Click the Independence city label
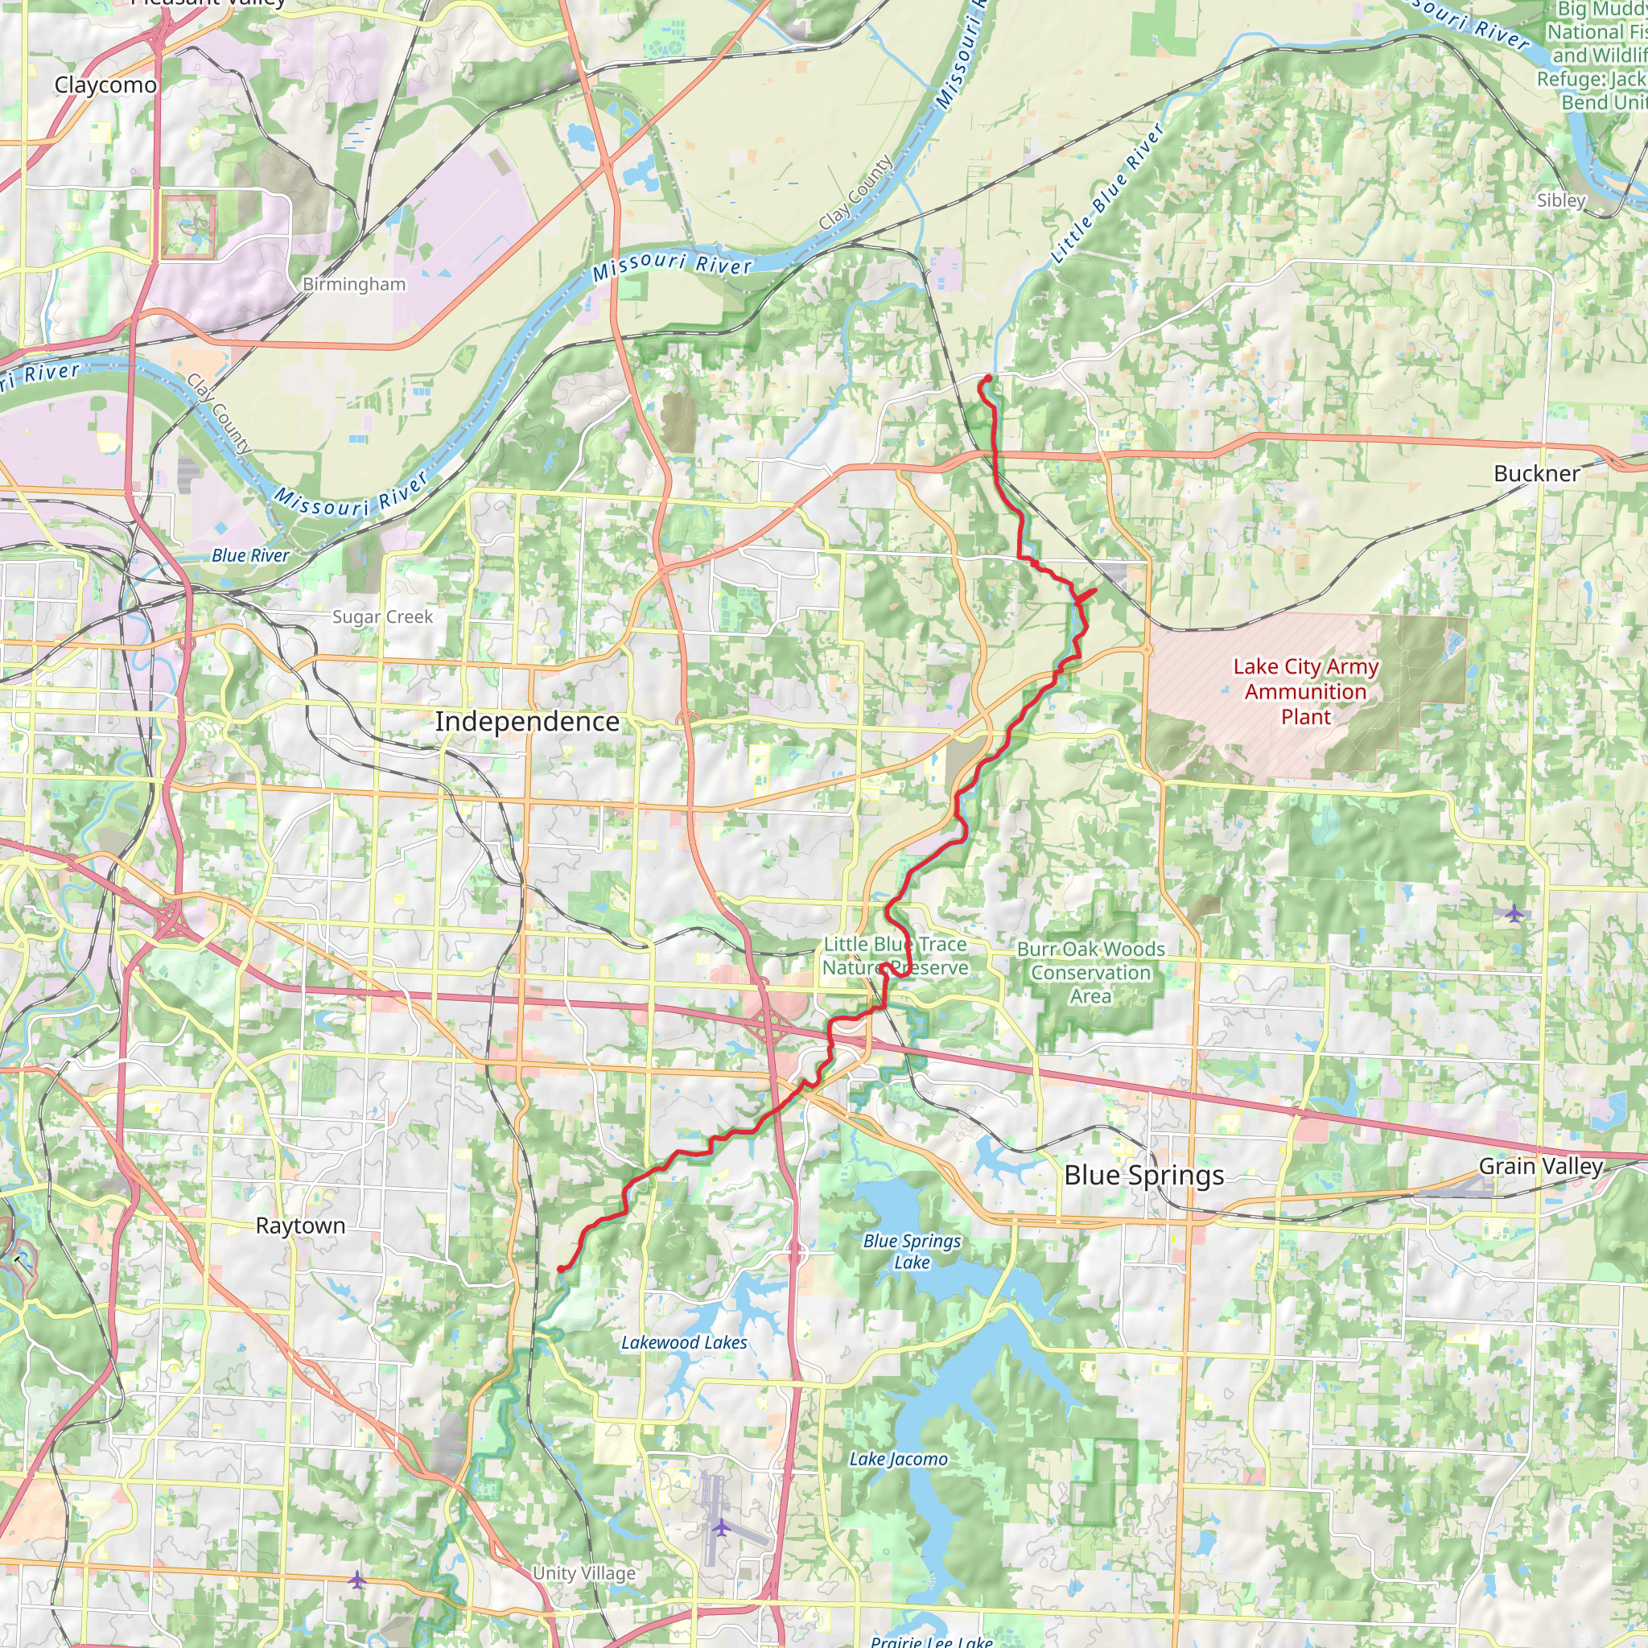pyautogui.click(x=527, y=722)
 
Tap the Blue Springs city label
pyautogui.click(x=1144, y=1176)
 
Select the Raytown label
pyautogui.click(x=300, y=1226)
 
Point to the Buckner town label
pyautogui.click(x=1536, y=473)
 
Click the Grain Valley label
pyautogui.click(x=1540, y=1166)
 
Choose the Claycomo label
pyautogui.click(x=105, y=85)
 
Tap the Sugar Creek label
pyautogui.click(x=382, y=616)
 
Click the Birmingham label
pyautogui.click(x=354, y=284)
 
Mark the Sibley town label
pyautogui.click(x=1560, y=200)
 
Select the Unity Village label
pyautogui.click(x=583, y=1573)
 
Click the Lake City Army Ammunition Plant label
pyautogui.click(x=1305, y=692)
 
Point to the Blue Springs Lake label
pyautogui.click(x=912, y=1251)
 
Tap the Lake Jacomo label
pyautogui.click(x=898, y=1460)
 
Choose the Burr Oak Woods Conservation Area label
pyautogui.click(x=1090, y=972)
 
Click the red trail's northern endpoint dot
pyautogui.click(x=988, y=378)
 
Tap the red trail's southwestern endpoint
pyautogui.click(x=560, y=1269)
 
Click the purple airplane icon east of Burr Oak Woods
pyautogui.click(x=1514, y=913)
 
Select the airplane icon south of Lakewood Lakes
pyautogui.click(x=722, y=1526)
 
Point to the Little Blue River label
pyautogui.click(x=1106, y=193)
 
